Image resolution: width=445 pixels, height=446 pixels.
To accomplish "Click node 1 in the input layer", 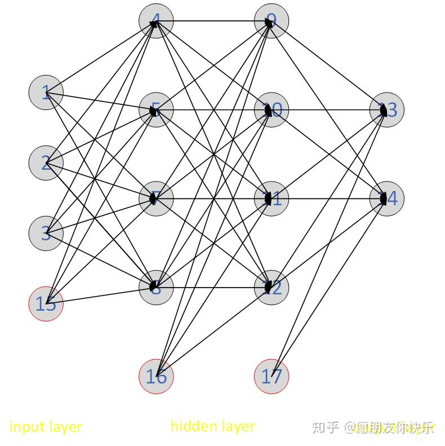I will tap(46, 92).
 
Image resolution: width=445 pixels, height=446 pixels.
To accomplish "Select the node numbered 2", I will tap(46, 163).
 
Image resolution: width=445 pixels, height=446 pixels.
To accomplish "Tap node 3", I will tap(46, 233).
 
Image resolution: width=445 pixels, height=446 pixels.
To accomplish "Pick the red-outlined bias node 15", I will tap(46, 304).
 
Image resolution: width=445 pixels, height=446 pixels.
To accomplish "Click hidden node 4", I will tap(156, 21).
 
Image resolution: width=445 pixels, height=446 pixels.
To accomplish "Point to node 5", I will tap(156, 110).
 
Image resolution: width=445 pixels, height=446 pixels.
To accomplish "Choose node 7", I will tap(156, 198).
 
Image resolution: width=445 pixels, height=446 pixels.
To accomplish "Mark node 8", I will tap(156, 287).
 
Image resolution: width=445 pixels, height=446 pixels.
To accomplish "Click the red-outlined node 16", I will tap(156, 376).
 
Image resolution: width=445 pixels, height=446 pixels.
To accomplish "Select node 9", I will tap(272, 21).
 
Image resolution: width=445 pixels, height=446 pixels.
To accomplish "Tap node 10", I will tap(272, 110).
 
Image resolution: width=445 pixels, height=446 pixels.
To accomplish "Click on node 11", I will tap(272, 198).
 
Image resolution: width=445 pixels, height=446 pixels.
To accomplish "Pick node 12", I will tap(272, 287).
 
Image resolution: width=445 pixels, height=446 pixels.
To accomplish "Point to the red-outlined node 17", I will tap(272, 376).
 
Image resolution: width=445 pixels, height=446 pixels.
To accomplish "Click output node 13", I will tap(386, 110).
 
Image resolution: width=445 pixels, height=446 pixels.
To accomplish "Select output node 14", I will tap(386, 198).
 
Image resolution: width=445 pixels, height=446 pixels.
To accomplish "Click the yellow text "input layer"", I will tap(46, 427).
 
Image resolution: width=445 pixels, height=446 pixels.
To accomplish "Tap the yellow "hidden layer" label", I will tap(212, 426).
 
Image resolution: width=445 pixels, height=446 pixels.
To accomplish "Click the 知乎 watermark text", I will tap(326, 427).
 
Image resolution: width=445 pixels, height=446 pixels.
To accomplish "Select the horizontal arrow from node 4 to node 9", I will tap(214, 21).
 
